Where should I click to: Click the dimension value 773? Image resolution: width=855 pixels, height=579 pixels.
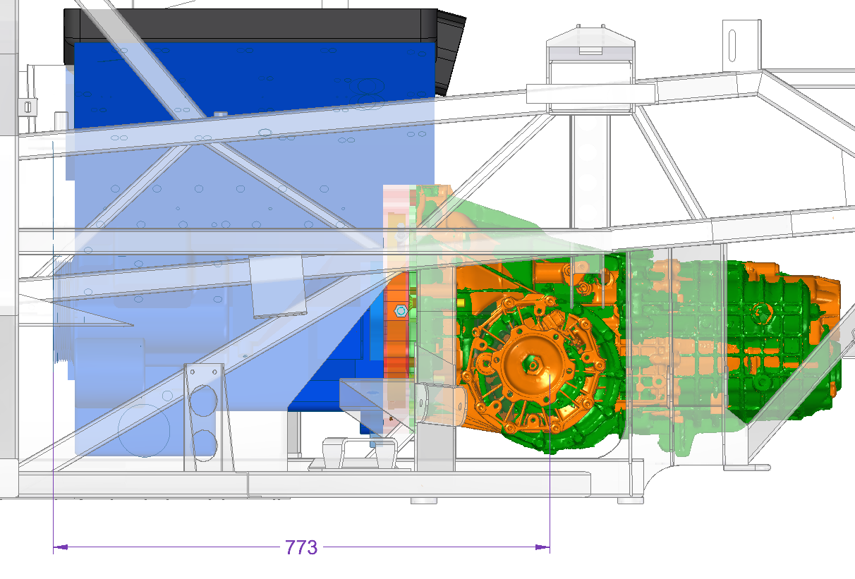coord(301,548)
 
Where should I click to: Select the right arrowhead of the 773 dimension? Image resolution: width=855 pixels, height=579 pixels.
coord(542,547)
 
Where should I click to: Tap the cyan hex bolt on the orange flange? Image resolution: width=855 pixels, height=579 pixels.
coord(401,311)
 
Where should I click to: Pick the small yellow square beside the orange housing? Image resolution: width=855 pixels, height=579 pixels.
coord(461,303)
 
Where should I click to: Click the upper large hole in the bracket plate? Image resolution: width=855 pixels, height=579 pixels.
coord(203,401)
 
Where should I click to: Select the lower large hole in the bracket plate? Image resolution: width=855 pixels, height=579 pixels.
coord(203,444)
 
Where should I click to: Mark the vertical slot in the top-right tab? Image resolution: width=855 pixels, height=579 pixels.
coord(732,45)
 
